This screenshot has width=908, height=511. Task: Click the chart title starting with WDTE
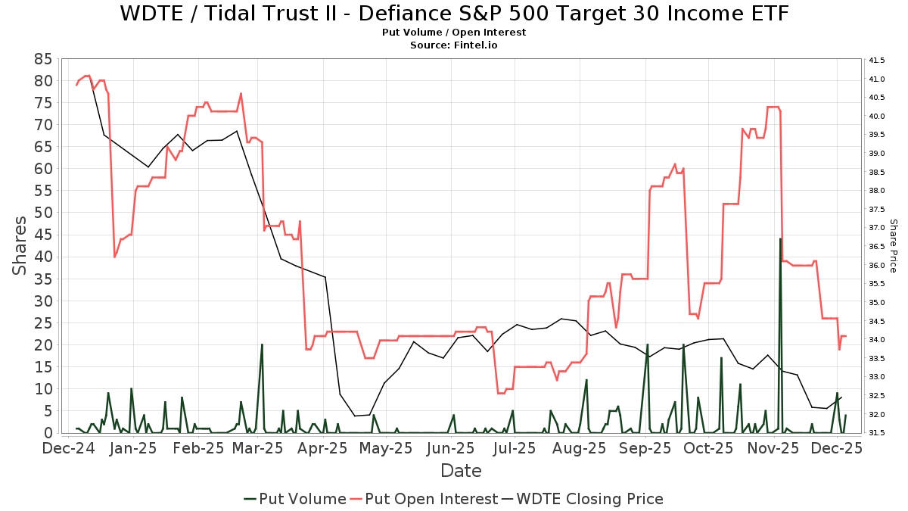coord(453,14)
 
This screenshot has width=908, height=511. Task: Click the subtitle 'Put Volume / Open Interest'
coord(454,33)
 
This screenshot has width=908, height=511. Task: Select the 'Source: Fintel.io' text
coord(454,45)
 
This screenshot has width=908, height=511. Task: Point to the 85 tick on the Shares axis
coord(42,58)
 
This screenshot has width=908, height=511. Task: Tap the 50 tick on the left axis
coord(42,213)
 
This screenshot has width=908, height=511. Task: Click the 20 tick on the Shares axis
coord(42,344)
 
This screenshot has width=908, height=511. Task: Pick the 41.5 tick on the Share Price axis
coord(878,60)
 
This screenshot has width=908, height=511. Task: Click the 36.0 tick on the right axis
coord(878,265)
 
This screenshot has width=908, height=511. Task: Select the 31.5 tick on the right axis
coord(878,433)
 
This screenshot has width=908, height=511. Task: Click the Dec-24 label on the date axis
coord(68,448)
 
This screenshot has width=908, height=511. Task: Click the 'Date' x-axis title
coord(461,471)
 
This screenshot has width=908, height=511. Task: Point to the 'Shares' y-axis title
coord(20,246)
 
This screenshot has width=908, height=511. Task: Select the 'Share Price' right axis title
coord(893,246)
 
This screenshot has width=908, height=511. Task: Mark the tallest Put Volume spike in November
coord(780,239)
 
